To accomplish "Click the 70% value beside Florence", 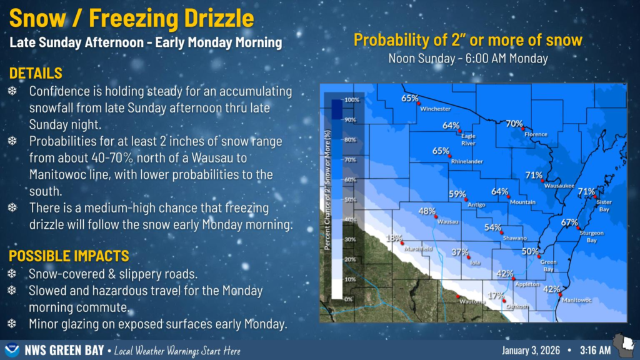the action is tap(514, 124).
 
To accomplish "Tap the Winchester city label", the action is tap(436, 109).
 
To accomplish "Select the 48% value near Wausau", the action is tap(426, 211).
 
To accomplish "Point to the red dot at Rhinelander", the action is tap(450, 156).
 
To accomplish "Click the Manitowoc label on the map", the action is tap(577, 301).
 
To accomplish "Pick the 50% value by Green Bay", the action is tap(530, 252).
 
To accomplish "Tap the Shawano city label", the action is tap(515, 238).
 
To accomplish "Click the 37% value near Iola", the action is tap(459, 252).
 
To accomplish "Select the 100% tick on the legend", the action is tap(352, 100).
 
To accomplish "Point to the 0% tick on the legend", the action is tap(348, 299).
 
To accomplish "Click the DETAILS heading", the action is tap(36, 74).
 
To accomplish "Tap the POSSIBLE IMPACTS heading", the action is tap(69, 256).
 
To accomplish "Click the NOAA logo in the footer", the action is tap(12, 350).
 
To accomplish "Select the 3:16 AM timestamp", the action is tap(595, 350).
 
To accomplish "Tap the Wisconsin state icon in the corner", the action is tap(625, 344).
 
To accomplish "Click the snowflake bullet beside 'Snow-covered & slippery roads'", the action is tap(12, 274).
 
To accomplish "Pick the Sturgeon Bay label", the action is tap(591, 237).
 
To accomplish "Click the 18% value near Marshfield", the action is tap(394, 238).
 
